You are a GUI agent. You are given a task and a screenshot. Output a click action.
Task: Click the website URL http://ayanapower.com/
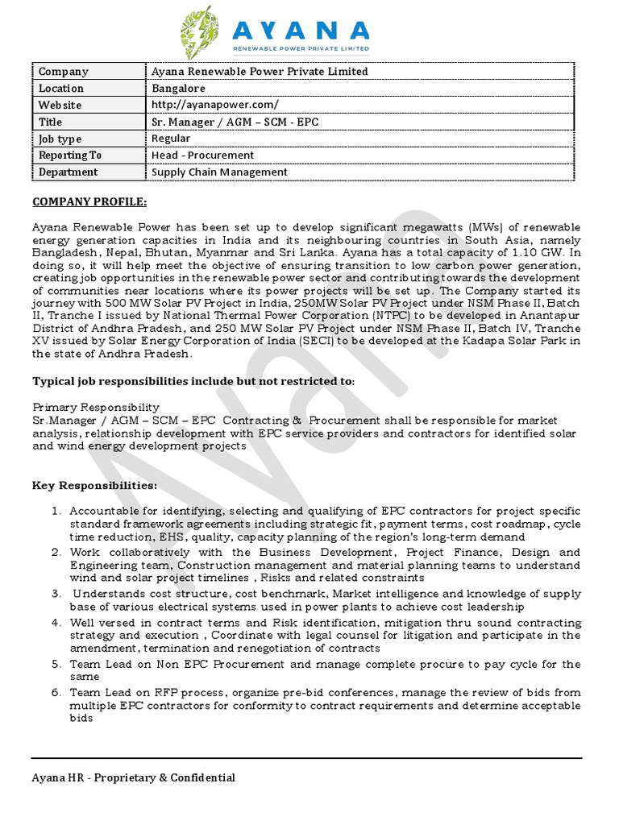click(x=215, y=106)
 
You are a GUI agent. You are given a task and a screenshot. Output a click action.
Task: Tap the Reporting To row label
click(x=70, y=155)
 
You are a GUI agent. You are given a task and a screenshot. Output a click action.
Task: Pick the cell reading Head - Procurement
click(x=202, y=155)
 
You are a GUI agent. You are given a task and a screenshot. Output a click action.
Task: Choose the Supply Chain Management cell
click(x=219, y=172)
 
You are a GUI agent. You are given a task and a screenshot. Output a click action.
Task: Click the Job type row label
click(x=60, y=139)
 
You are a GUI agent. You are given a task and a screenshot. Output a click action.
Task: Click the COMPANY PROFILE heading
click(x=89, y=201)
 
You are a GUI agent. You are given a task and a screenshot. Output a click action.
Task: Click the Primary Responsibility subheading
click(x=95, y=408)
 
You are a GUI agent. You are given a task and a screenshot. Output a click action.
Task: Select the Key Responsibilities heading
click(x=94, y=486)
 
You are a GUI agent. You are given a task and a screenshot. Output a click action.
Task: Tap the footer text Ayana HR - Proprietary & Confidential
click(x=133, y=778)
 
